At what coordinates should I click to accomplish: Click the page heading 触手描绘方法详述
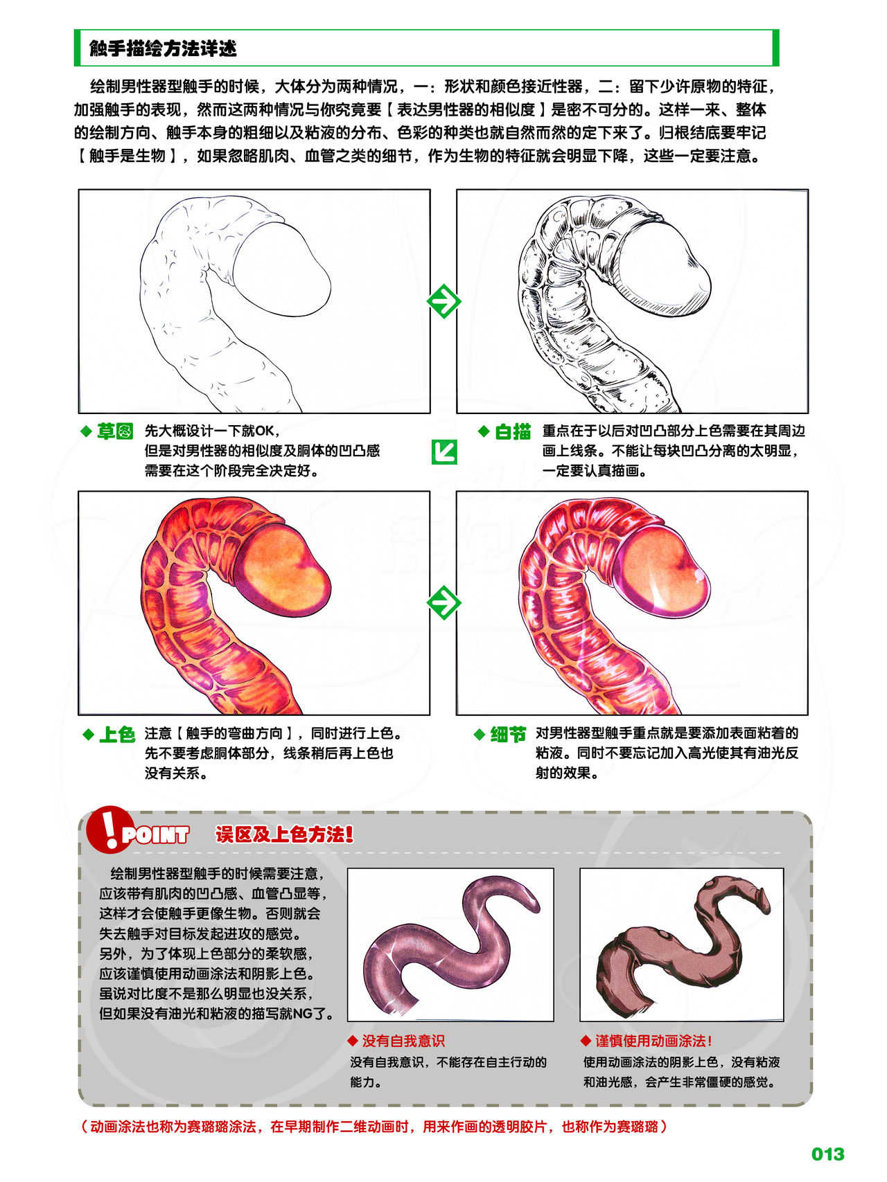163,48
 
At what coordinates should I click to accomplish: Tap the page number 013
828,1154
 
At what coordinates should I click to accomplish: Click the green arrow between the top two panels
443,301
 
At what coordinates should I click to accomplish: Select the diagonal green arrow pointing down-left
444,452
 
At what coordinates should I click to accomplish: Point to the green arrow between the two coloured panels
443,602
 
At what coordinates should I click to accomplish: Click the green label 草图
115,431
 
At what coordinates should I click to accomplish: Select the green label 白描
513,432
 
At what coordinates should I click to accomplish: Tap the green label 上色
116,734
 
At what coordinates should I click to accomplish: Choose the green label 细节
508,734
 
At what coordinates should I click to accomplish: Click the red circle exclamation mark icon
107,829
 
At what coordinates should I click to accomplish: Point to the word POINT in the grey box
155,835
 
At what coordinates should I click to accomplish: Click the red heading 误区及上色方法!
284,834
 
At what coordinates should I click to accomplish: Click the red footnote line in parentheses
374,1127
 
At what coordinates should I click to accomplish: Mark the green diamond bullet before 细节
480,735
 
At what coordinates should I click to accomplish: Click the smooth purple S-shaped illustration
450,945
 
